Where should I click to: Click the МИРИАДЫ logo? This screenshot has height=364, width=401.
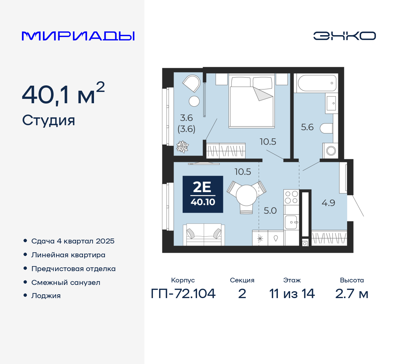(x=78, y=36)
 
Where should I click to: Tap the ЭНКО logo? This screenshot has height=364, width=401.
(x=344, y=36)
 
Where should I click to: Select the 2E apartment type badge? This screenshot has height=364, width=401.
(x=203, y=194)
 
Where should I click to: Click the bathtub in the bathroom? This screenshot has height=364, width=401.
(x=317, y=83)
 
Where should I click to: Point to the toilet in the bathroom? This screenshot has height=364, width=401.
(x=326, y=128)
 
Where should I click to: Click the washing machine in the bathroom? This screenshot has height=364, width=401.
(x=330, y=151)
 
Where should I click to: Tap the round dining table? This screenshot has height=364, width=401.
(x=246, y=195)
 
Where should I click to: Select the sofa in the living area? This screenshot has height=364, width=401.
(x=204, y=234)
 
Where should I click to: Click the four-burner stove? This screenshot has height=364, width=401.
(x=291, y=197)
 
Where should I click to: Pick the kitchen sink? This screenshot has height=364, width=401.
(x=291, y=222)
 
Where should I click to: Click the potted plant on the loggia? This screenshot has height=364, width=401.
(x=182, y=147)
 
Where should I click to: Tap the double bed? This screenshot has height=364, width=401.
(x=252, y=100)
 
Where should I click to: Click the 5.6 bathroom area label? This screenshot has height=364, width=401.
(x=307, y=127)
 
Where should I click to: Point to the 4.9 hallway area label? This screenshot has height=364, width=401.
(x=328, y=203)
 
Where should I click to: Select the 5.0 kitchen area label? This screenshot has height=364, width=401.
(x=270, y=211)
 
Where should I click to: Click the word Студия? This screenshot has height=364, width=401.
(x=48, y=120)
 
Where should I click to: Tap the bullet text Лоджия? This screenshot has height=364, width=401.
(x=46, y=296)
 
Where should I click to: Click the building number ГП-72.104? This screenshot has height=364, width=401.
(x=183, y=293)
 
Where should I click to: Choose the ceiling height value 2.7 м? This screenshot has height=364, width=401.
(x=352, y=294)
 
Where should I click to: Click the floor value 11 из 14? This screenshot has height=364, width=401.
(x=292, y=294)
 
